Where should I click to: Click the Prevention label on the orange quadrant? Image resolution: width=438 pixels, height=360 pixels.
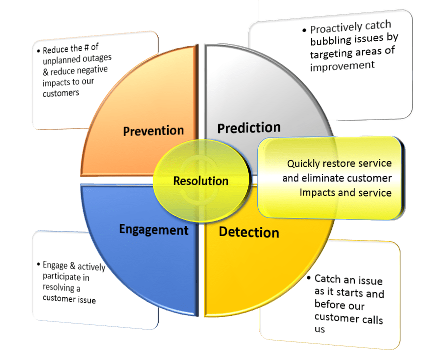point(153,130)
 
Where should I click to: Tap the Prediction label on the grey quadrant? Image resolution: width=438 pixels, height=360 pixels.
point(249,128)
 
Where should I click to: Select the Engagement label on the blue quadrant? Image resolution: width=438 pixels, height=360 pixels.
point(154,230)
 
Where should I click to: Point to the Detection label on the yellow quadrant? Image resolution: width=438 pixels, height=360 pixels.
point(249,232)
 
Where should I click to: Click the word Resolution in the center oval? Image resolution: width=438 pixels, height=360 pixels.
point(201,181)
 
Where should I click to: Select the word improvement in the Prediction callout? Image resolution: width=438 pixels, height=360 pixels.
point(342,66)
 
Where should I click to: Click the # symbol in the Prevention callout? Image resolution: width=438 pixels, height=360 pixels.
point(87,47)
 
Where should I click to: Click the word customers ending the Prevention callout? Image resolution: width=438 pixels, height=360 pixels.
point(61,93)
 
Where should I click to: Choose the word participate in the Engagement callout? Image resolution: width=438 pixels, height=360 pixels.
point(58,276)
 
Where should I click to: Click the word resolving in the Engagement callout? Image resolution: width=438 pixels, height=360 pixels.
point(59,287)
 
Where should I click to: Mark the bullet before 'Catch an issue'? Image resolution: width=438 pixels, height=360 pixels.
point(309,278)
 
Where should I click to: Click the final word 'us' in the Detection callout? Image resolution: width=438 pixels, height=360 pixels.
point(320,329)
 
